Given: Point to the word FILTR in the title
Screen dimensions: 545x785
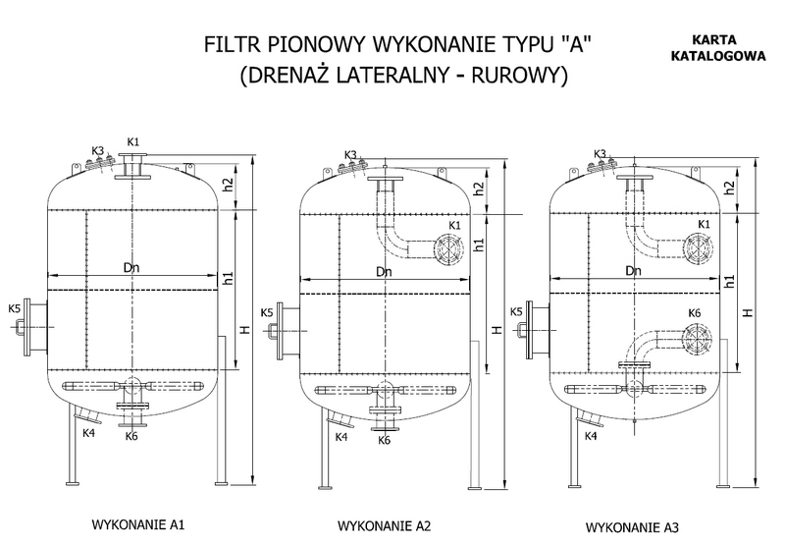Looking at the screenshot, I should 228,45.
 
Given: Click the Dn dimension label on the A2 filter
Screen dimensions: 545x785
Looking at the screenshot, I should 384,273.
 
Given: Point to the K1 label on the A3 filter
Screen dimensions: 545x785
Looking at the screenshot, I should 702,224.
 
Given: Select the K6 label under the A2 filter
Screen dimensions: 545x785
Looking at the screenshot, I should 385,440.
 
